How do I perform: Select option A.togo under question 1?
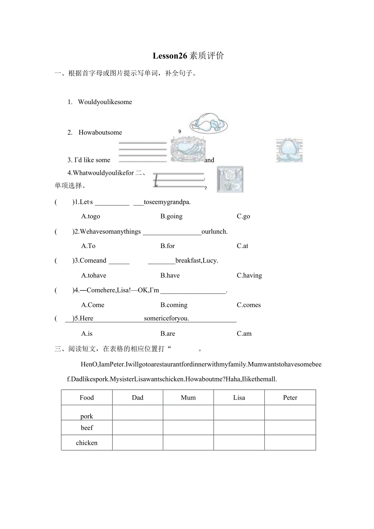click(x=91, y=216)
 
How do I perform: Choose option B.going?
click(x=171, y=216)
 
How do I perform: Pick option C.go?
click(x=244, y=216)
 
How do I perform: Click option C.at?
click(x=242, y=246)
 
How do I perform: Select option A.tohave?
click(x=93, y=275)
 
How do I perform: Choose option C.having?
click(x=249, y=275)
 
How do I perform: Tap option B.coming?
click(x=174, y=305)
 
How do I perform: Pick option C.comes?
click(x=249, y=305)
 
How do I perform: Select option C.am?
click(x=244, y=333)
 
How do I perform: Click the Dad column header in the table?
click(x=138, y=398)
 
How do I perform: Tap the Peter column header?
click(x=290, y=398)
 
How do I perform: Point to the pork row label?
click(x=87, y=416)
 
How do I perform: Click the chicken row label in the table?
click(x=87, y=443)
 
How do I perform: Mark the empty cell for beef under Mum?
click(x=188, y=428)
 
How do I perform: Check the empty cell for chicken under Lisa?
click(x=239, y=443)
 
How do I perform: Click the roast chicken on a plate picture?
click(x=208, y=124)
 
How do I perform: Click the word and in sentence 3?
click(x=209, y=160)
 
